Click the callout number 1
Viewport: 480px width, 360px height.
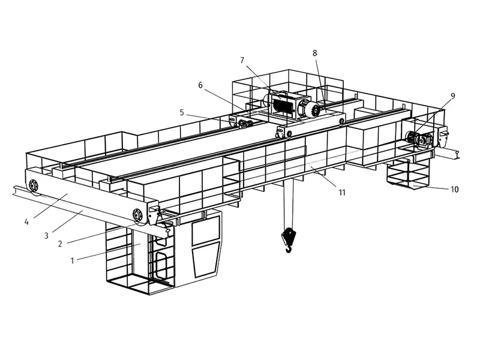click(72, 261)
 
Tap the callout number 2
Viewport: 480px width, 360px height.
click(60, 244)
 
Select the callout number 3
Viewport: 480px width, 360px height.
click(46, 235)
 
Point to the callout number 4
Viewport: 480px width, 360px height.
click(26, 221)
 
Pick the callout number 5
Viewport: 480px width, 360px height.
click(182, 113)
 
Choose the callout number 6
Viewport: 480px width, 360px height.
click(200, 85)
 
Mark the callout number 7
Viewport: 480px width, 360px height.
click(242, 61)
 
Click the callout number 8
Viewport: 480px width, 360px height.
click(314, 53)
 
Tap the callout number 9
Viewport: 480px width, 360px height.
click(453, 96)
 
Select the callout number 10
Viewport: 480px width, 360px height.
click(455, 190)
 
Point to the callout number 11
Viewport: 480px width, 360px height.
click(341, 192)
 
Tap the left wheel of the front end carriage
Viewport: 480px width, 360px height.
click(33, 185)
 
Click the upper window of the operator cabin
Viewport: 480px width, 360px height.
click(206, 230)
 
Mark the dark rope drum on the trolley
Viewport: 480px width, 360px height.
click(282, 105)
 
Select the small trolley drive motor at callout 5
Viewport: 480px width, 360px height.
click(244, 124)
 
